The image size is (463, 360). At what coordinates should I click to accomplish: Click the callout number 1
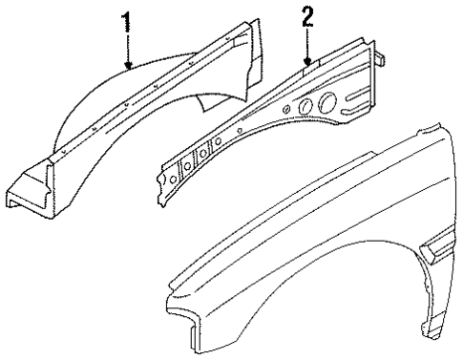(124, 21)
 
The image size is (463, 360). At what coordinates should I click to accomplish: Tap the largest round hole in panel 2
(324, 101)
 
